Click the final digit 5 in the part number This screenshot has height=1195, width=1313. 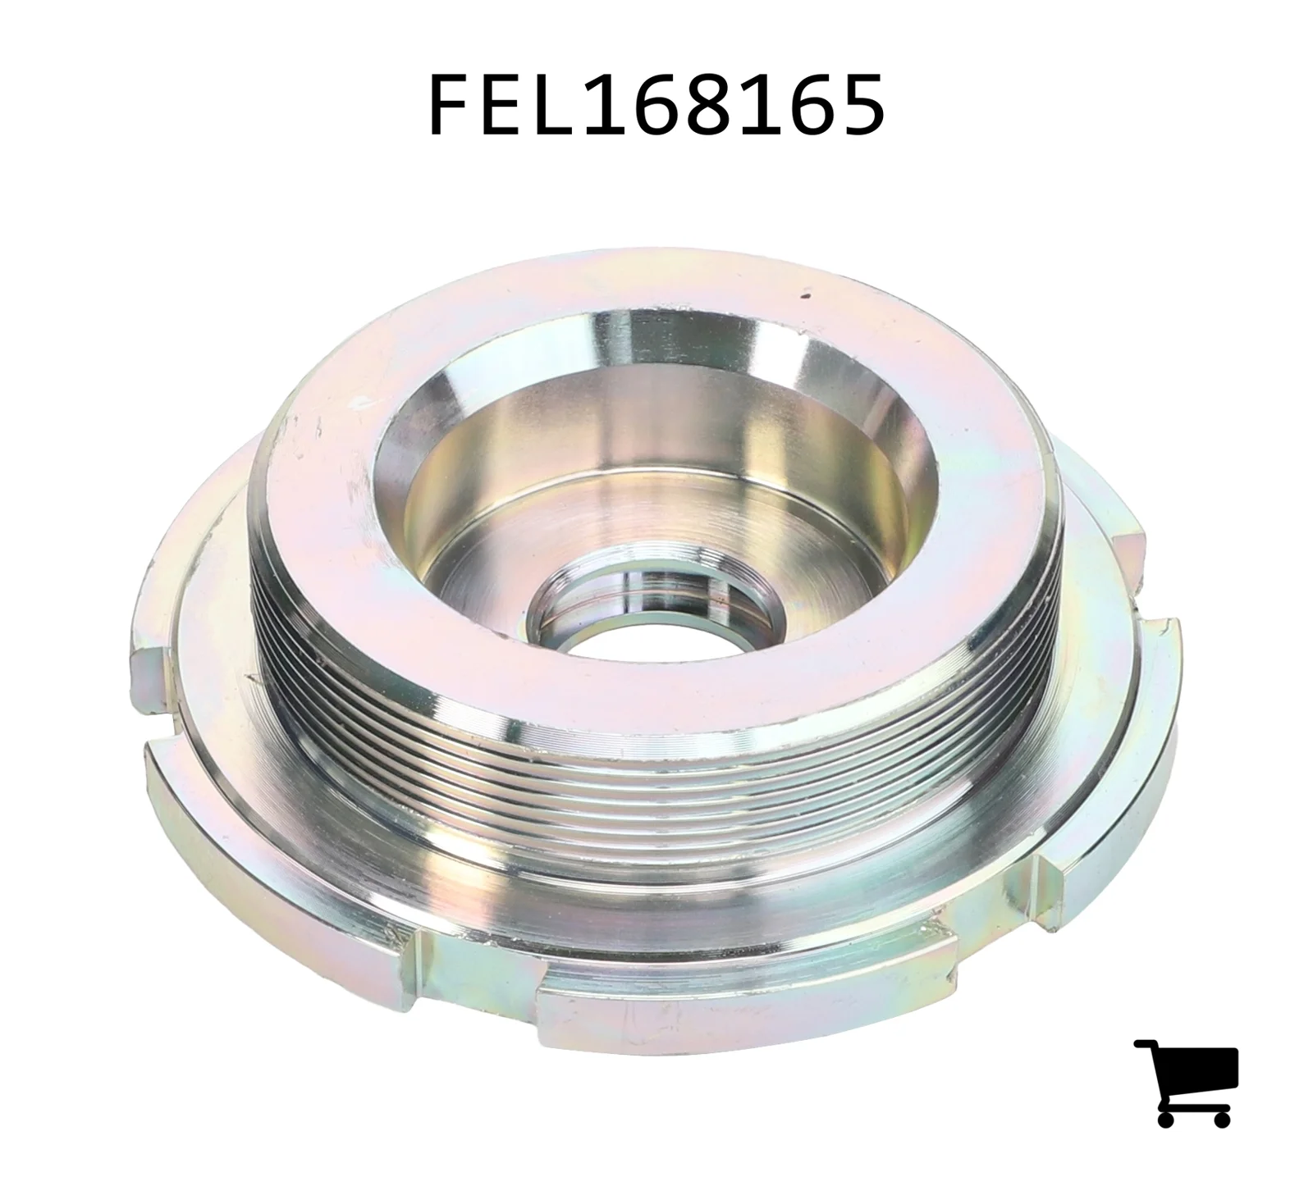click(862, 105)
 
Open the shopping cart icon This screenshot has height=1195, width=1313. click(1186, 1083)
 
